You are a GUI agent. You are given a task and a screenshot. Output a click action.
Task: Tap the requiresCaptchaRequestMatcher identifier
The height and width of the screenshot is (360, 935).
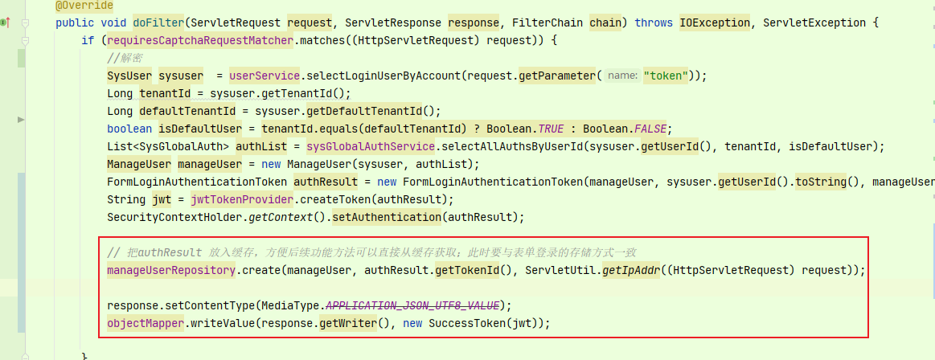171,40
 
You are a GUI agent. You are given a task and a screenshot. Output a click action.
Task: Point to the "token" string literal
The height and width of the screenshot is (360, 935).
666,76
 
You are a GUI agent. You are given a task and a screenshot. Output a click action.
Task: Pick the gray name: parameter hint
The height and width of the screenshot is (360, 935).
622,76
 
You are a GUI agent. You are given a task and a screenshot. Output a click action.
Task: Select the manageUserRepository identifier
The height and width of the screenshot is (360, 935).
170,270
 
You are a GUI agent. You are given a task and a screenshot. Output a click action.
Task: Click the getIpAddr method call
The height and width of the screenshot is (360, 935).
630,270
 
